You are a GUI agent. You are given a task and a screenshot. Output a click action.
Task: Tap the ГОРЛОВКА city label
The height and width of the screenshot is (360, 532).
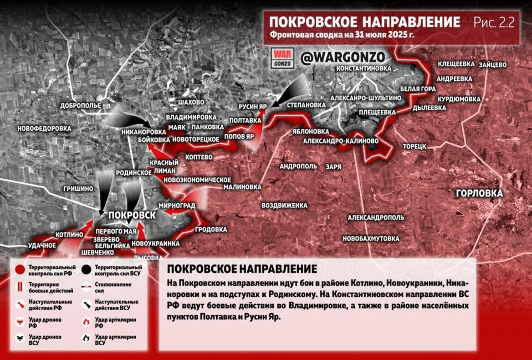click(x=479, y=193)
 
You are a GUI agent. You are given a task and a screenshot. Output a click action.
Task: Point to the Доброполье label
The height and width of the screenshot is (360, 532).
click(x=81, y=105)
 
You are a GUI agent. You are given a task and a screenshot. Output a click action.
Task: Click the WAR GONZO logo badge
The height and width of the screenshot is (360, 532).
click(x=282, y=58)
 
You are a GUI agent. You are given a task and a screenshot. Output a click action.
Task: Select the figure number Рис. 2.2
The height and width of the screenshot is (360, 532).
click(x=494, y=22)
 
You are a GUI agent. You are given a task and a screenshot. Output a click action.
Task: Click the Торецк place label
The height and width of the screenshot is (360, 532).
click(x=414, y=146)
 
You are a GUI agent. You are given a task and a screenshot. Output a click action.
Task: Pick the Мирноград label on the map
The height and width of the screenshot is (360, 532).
click(x=176, y=205)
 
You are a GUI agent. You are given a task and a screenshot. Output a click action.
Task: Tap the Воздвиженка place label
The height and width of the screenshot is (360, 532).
click(x=284, y=205)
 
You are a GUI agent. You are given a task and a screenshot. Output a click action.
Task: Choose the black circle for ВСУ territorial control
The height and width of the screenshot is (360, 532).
click(x=86, y=270)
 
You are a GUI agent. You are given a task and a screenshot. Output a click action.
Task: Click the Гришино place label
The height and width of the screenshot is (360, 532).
click(x=78, y=189)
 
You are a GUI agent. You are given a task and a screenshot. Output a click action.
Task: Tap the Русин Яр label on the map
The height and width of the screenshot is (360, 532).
click(x=253, y=105)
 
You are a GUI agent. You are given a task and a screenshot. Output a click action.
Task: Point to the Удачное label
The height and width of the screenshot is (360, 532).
click(x=42, y=245)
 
